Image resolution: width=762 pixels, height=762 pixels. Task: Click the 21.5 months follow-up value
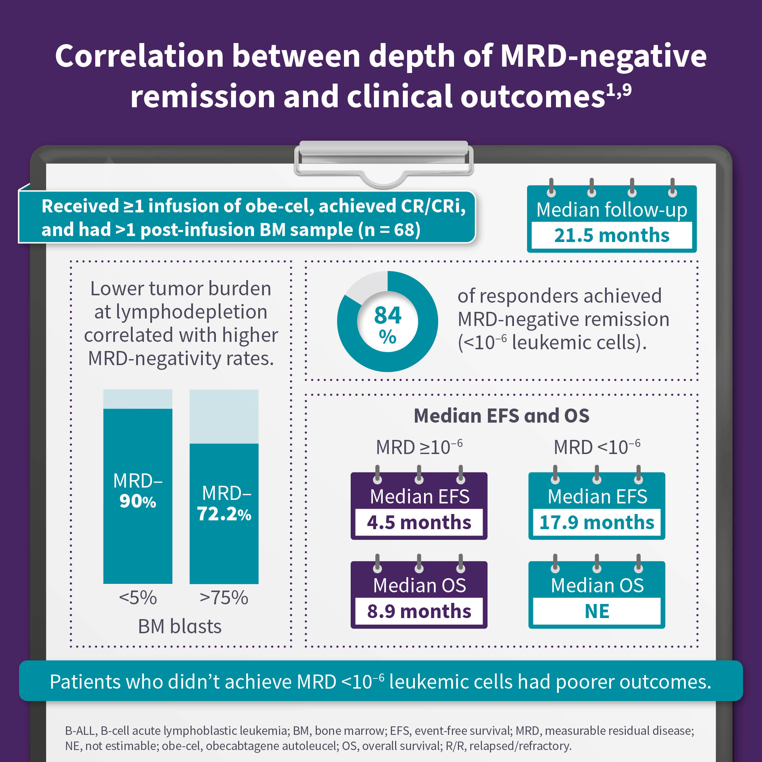pyautogui.click(x=611, y=235)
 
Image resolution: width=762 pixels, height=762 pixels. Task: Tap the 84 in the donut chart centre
pyautogui.click(x=387, y=315)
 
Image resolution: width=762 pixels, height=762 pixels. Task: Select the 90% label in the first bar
pyautogui.click(x=138, y=501)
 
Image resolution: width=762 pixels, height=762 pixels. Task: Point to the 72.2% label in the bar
pyautogui.click(x=224, y=514)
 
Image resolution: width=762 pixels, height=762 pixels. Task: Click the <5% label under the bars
pyautogui.click(x=138, y=598)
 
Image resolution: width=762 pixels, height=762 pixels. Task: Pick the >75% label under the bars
pyautogui.click(x=224, y=598)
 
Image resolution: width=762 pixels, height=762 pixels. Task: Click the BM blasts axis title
pyautogui.click(x=180, y=626)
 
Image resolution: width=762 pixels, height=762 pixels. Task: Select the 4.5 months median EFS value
pyautogui.click(x=419, y=522)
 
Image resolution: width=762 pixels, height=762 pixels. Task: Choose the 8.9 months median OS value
pyautogui.click(x=419, y=611)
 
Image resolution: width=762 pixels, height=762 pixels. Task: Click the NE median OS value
pyautogui.click(x=597, y=611)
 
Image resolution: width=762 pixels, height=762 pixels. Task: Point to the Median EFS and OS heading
pyautogui.click(x=501, y=416)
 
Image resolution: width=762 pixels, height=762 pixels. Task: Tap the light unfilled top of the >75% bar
pyautogui.click(x=224, y=416)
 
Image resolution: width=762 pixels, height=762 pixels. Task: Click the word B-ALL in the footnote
pyautogui.click(x=80, y=731)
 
